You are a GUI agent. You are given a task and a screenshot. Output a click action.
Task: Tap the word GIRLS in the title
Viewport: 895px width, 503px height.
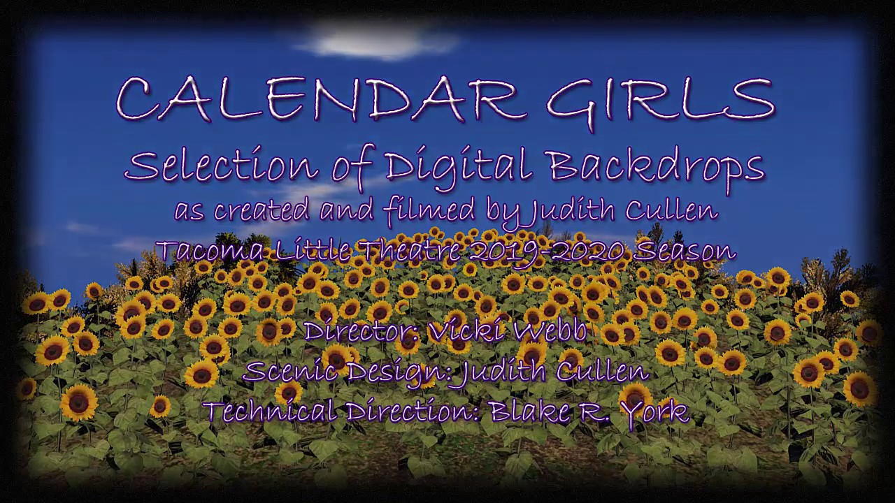tap(660, 100)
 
